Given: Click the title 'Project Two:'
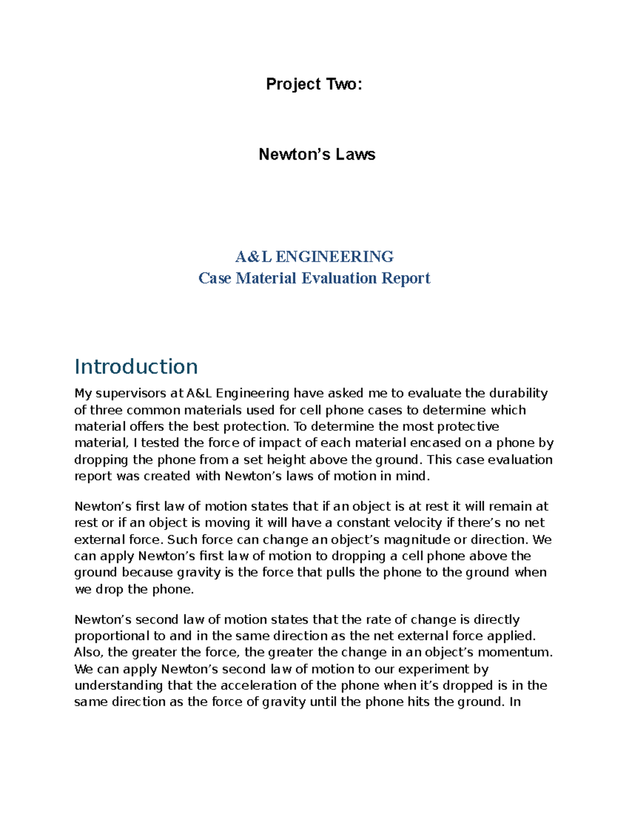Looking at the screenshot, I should tap(314, 84).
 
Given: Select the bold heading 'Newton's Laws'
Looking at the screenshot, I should tap(317, 154).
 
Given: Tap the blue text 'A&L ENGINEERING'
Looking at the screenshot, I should tap(314, 256).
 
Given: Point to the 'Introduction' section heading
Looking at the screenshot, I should tap(136, 366).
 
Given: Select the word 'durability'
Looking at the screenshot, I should tap(518, 394).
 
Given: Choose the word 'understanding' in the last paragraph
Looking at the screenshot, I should tap(119, 686).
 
